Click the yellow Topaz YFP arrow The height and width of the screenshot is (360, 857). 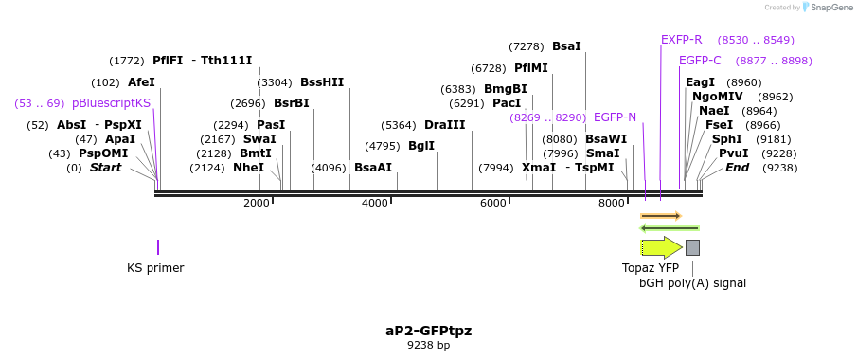661,247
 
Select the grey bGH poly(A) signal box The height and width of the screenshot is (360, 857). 692,247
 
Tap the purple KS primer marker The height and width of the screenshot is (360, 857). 158,247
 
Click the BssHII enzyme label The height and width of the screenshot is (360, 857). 322,82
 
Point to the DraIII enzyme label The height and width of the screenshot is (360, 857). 444,125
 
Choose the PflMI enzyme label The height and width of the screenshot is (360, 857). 531,68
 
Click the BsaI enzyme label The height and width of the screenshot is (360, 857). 566,45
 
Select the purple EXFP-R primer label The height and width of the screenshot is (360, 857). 681,40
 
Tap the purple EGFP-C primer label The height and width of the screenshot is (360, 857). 700,61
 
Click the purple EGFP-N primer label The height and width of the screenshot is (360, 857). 615,117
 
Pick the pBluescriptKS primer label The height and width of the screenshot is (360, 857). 111,103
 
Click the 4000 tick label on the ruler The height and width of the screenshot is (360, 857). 375,203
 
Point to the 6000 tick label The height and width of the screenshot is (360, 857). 493,203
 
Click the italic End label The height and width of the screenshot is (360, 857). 737,168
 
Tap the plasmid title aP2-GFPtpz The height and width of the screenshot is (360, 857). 428,331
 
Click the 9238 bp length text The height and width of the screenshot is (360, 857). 428,346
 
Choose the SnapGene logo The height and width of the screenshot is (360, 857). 825,8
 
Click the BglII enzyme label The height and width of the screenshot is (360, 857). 421,146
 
